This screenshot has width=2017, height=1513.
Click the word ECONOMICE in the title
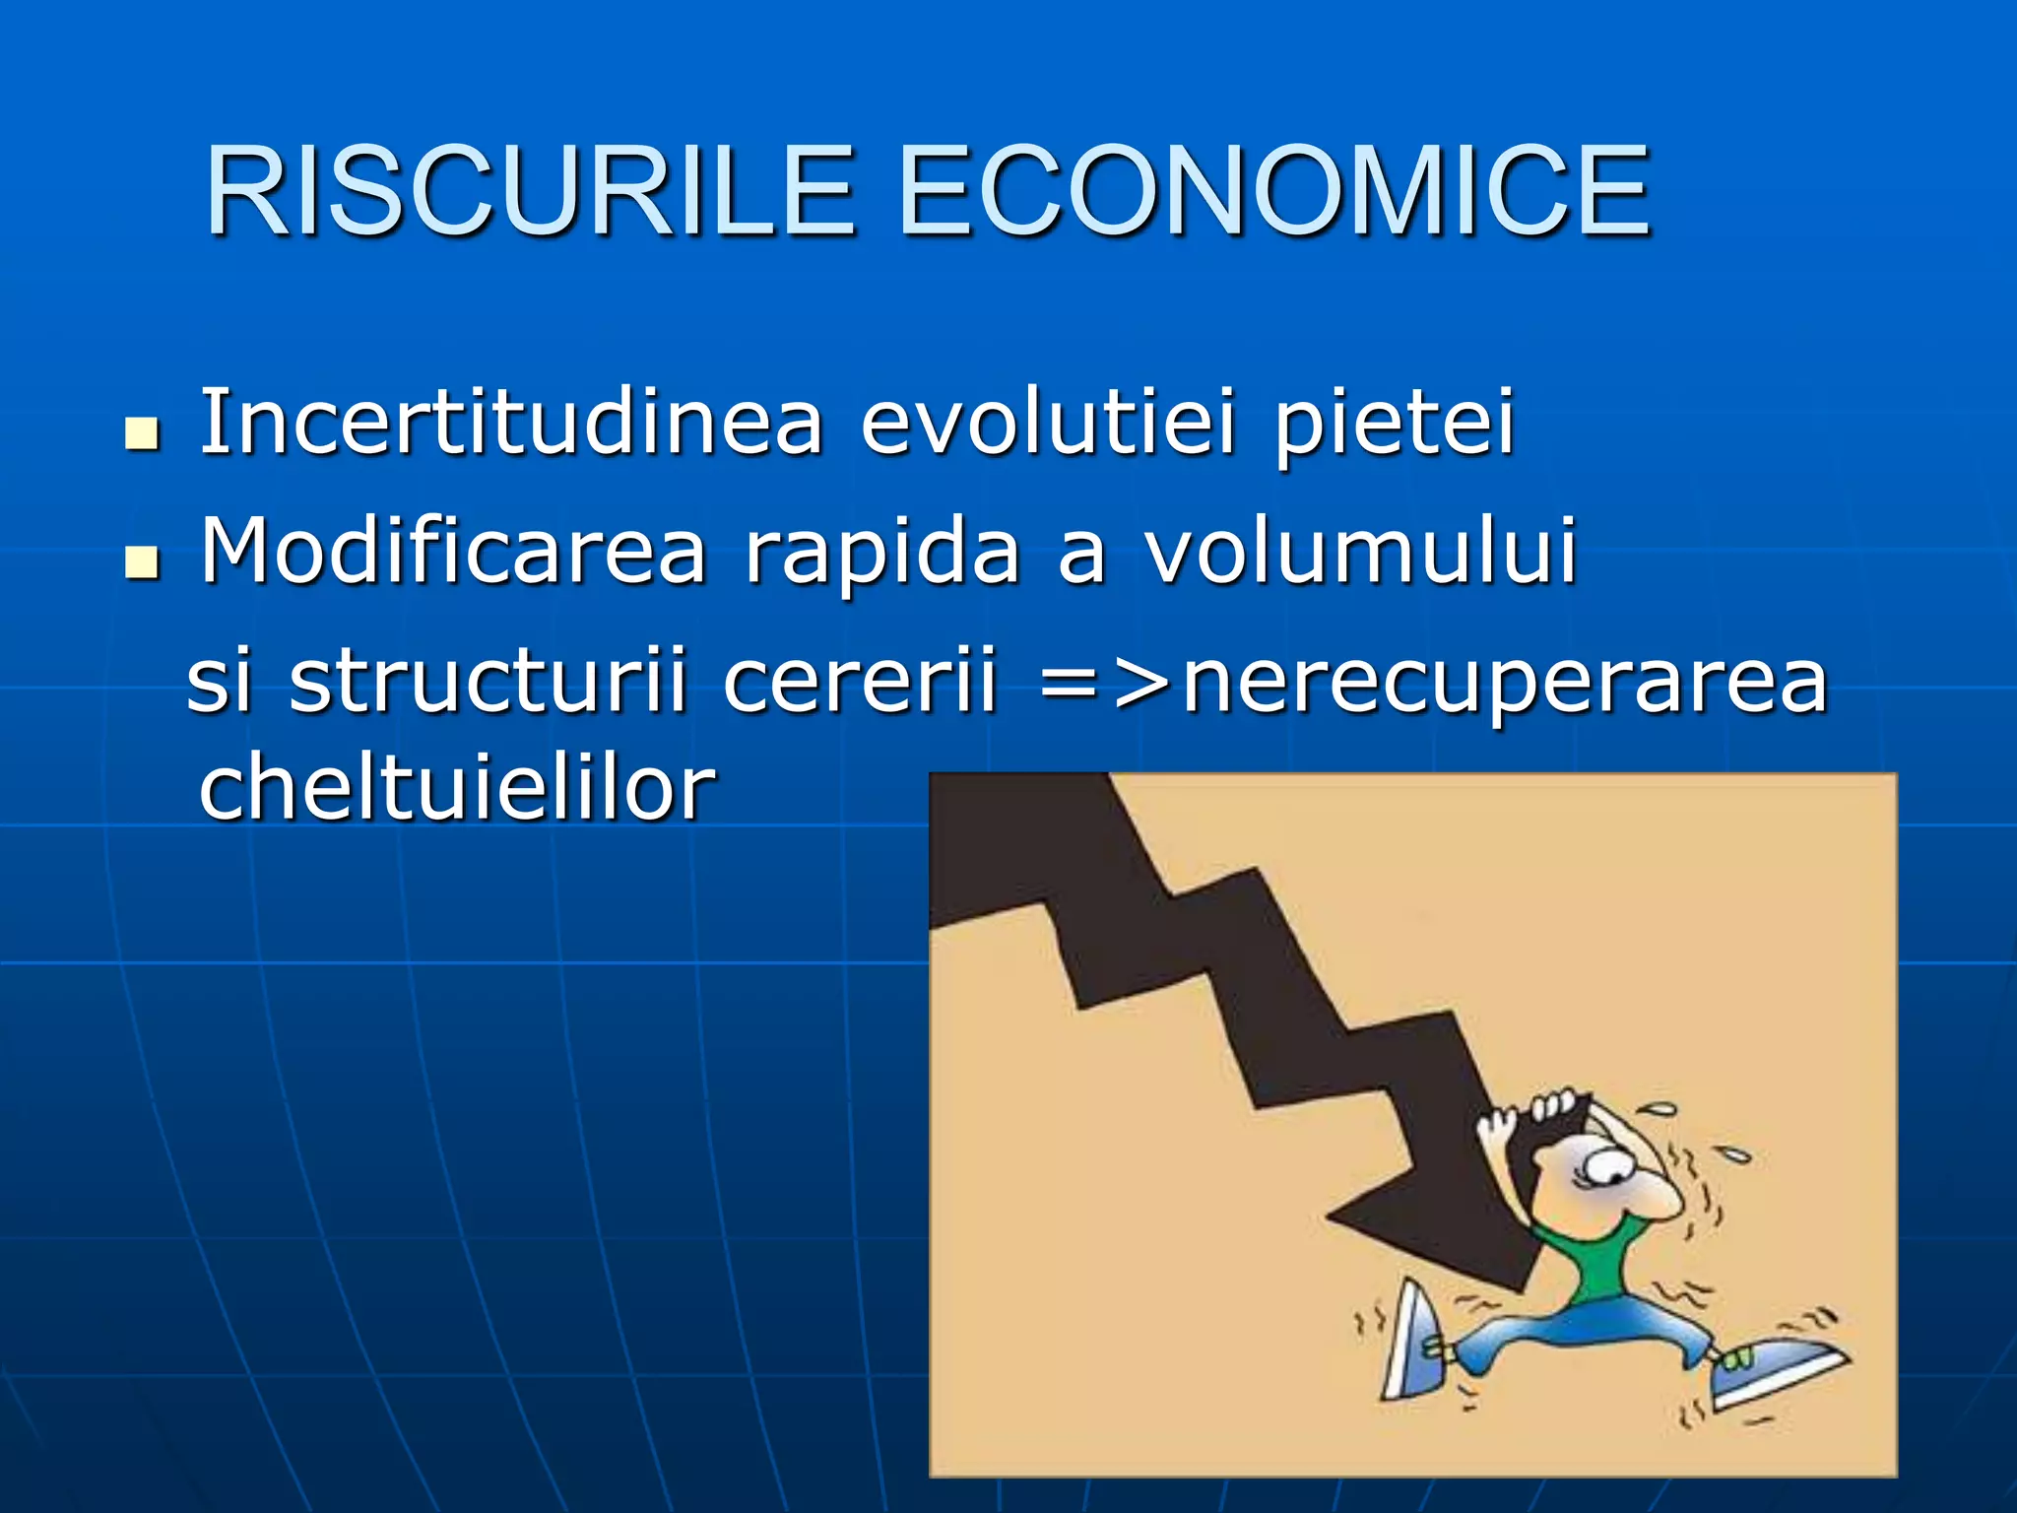1273,191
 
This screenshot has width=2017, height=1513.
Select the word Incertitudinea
511,423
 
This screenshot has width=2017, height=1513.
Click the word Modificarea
453,551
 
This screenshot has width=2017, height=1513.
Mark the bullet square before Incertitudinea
143,433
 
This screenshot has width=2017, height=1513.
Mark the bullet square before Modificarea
143,562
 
